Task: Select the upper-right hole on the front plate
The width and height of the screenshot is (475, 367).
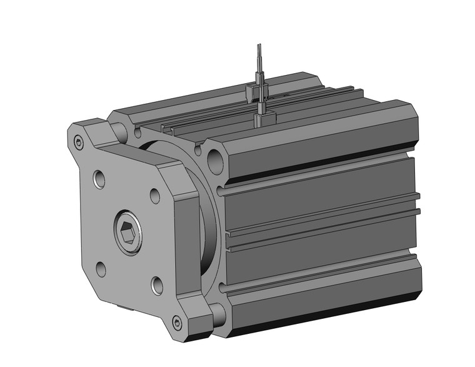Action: tap(154, 196)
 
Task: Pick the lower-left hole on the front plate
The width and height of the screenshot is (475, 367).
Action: tap(100, 269)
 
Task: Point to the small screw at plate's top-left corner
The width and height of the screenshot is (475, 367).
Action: tap(78, 142)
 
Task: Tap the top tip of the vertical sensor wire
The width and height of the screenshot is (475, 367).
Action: tap(259, 46)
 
